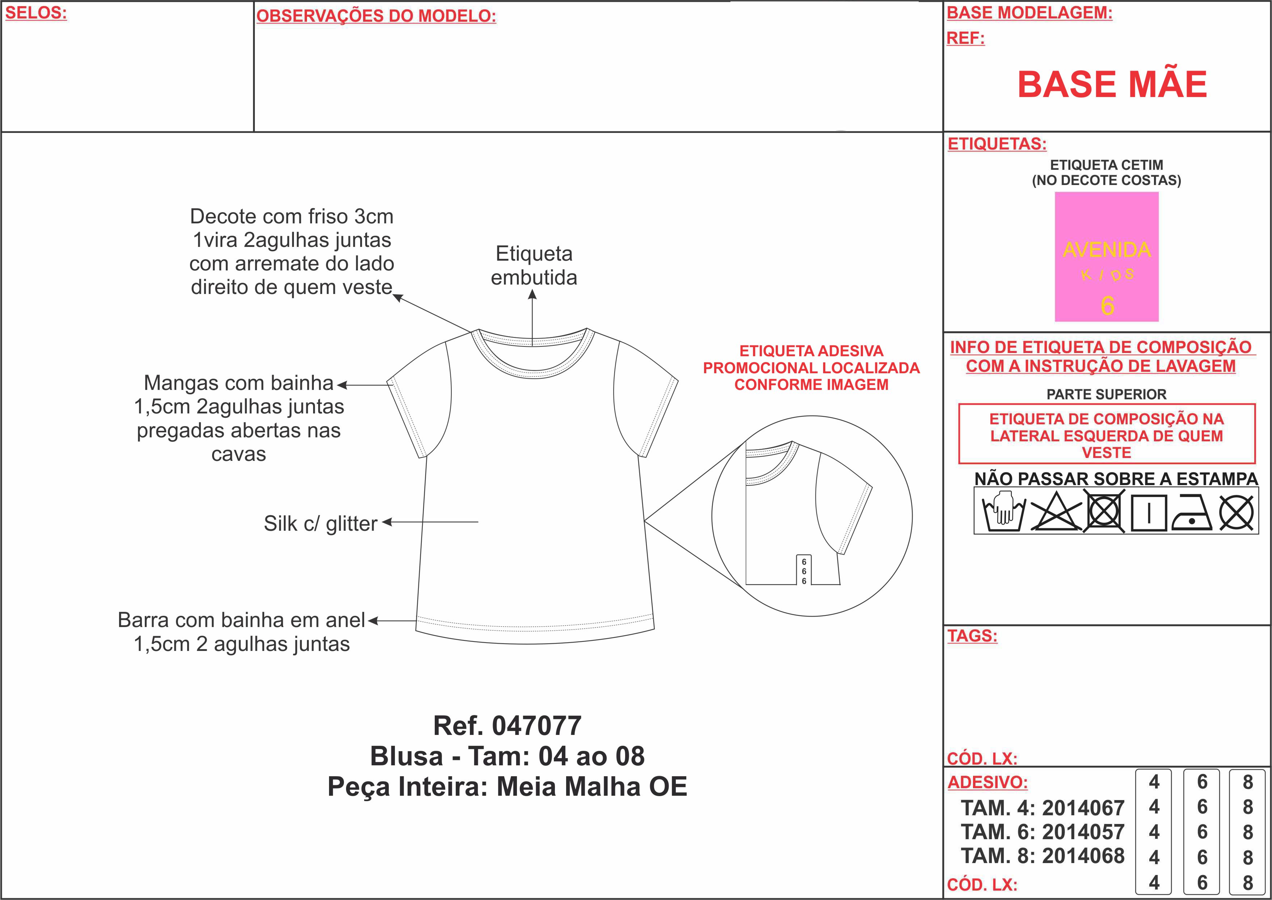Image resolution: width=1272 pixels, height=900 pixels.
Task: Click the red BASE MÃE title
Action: point(1112,84)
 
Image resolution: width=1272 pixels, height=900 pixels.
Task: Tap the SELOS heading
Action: point(36,13)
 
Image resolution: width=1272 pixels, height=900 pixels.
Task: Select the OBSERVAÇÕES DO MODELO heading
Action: point(376,16)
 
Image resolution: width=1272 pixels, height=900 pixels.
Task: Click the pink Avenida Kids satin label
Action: point(1106,257)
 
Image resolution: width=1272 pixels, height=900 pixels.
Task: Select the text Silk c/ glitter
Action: point(320,523)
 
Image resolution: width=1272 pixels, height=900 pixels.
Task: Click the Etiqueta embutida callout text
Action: point(534,265)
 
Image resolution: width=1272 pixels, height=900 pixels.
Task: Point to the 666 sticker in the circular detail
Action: point(804,571)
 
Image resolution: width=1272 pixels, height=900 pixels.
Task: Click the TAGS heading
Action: point(972,636)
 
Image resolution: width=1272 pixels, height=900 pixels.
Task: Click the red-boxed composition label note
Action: point(1106,435)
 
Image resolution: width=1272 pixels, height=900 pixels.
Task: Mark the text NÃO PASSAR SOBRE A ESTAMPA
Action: point(1116,479)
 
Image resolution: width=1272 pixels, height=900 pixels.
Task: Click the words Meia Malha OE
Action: point(592,786)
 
